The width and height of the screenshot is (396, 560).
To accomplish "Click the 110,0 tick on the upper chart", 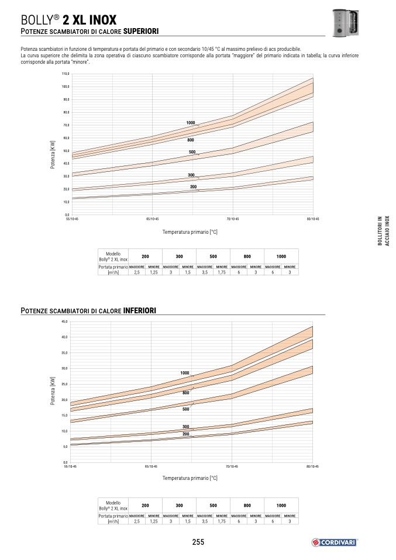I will point(66,74).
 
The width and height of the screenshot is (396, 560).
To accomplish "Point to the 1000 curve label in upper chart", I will point(191,122).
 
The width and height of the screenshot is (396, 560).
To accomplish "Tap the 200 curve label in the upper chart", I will point(193,186).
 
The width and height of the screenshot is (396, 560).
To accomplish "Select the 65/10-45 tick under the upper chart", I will point(151,219).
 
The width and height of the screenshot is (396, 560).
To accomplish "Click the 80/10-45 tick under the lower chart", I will point(313,466).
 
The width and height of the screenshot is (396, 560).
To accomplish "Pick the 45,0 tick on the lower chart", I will point(65,322).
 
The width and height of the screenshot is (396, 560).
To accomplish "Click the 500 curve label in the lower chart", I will point(185,410).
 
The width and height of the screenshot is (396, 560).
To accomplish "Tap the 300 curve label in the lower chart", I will point(185,427).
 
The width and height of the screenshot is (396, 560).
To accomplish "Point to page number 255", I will point(198,542).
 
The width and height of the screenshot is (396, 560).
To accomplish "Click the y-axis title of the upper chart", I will point(52,155).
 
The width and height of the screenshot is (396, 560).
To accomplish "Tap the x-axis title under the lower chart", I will point(190,478).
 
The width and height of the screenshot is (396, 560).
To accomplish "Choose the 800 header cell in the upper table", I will point(247,257).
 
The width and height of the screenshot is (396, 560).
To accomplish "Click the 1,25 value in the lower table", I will point(154,521).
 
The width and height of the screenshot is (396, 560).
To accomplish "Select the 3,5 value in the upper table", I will point(205,272).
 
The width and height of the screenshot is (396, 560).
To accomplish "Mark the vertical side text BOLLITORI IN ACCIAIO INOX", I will point(383,231).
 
